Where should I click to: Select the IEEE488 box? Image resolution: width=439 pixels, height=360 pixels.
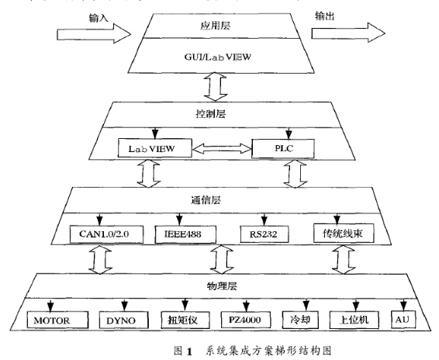pyautogui.click(x=189, y=232)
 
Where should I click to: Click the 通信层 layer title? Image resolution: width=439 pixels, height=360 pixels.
pyautogui.click(x=219, y=199)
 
